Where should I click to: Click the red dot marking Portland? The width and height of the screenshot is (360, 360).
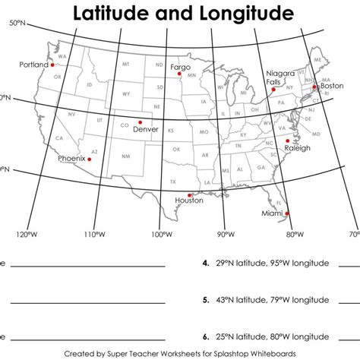[x=54, y=65]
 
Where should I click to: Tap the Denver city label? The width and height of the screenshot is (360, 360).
[x=145, y=129]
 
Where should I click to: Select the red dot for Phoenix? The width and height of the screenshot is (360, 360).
[x=90, y=152]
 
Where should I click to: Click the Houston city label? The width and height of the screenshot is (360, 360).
[x=189, y=201]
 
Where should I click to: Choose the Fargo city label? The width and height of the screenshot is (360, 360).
[x=181, y=68]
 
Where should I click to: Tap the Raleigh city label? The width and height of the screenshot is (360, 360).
[x=297, y=148]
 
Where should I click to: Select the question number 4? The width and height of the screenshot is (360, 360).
[x=205, y=264]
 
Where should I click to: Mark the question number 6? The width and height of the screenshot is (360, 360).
[x=205, y=335]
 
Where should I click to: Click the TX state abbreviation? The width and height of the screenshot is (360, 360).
[x=173, y=182]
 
